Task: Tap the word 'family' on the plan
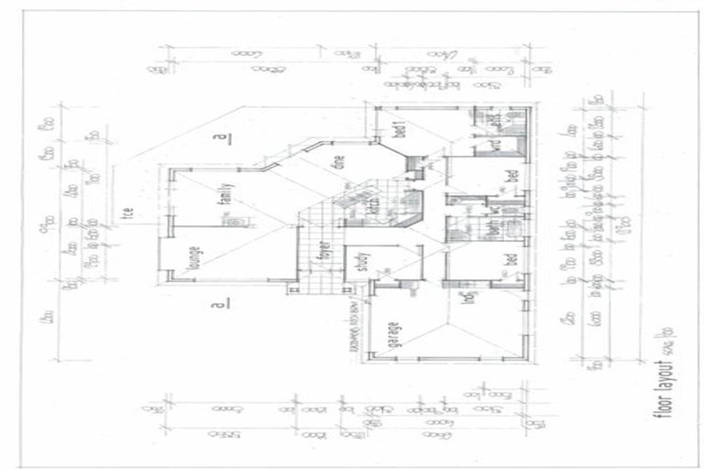click(223, 197)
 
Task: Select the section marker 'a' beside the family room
click(218, 140)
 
